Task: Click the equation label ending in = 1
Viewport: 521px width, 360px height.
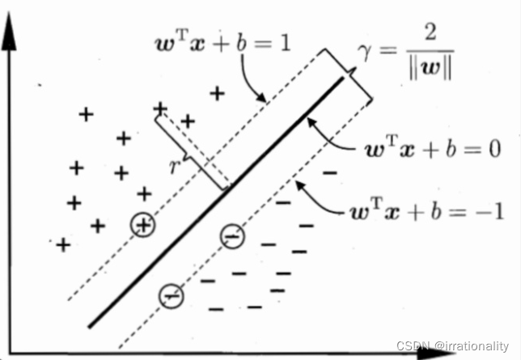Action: pyautogui.click(x=228, y=41)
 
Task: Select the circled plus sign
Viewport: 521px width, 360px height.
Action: pyautogui.click(x=143, y=226)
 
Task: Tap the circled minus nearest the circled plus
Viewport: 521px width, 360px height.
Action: pyautogui.click(x=231, y=235)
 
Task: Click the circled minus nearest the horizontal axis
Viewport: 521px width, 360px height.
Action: pyautogui.click(x=172, y=297)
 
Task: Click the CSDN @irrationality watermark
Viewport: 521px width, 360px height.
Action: pyautogui.click(x=458, y=345)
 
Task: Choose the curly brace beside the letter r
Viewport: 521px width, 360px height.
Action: pyautogui.click(x=190, y=154)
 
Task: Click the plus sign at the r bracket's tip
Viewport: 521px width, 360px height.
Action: pyautogui.click(x=160, y=108)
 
